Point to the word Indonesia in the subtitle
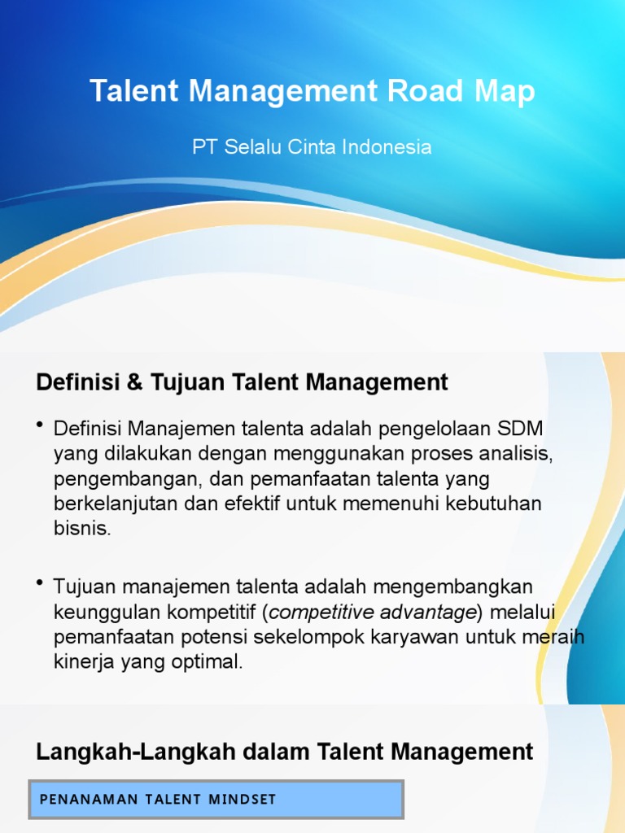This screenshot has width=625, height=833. coord(387,147)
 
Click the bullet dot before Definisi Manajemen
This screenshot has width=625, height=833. coord(41,426)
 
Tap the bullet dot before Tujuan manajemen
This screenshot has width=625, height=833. coord(41,584)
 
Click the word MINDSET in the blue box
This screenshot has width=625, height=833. coord(245,800)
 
